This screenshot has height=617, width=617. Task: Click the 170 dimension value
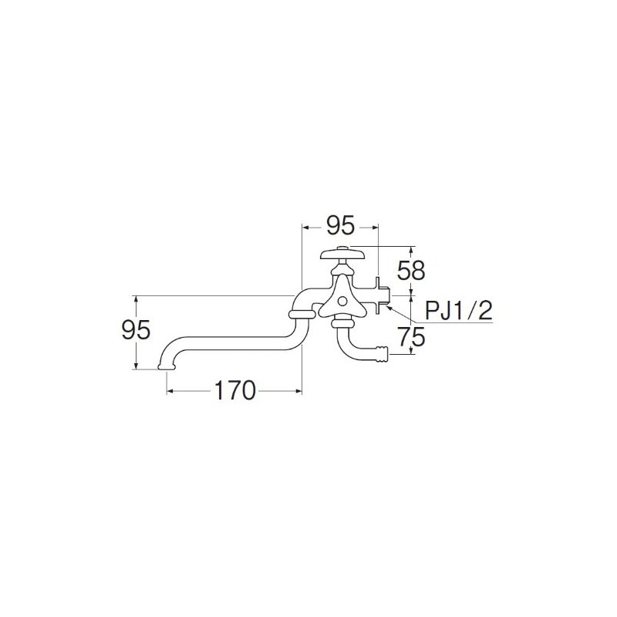[x=234, y=391]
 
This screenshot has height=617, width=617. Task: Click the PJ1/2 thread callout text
[x=459, y=310]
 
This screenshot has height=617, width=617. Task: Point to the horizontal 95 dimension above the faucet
[x=339, y=226]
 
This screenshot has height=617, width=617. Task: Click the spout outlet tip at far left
[x=165, y=365]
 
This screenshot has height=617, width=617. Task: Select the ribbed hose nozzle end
[x=379, y=356]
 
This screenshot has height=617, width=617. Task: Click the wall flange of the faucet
[x=379, y=293]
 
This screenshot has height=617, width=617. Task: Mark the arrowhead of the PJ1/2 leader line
[x=389, y=305]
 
